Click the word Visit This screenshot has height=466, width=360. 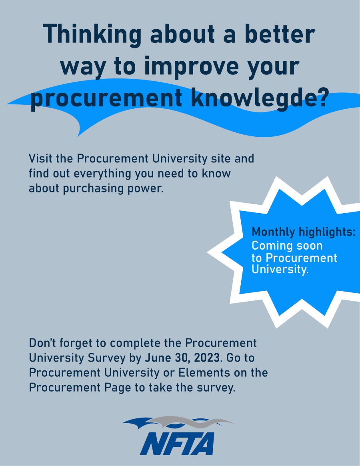(40, 158)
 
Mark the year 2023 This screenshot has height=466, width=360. (207, 358)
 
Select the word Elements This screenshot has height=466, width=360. (204, 373)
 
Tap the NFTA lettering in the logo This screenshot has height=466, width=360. (177, 444)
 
